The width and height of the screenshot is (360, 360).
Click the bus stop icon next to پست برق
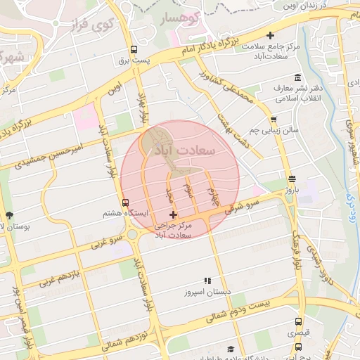pos(134,49)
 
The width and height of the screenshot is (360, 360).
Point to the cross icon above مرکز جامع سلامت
pos(271,35)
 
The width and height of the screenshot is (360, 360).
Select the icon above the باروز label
pos(292,178)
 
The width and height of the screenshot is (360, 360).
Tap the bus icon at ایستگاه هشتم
pos(126,202)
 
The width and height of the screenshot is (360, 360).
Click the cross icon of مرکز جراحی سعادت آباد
pos(174,214)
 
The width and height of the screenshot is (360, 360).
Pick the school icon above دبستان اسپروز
pos(207,280)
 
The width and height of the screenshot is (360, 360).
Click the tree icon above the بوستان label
pos(8,215)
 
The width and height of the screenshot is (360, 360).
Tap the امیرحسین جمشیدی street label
pos(70,155)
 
